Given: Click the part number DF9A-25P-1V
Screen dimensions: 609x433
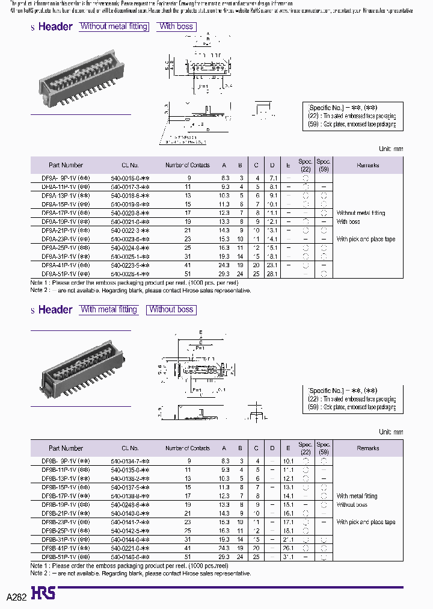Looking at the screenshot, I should (x=66, y=247).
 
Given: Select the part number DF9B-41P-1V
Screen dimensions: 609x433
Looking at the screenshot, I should (x=66, y=548).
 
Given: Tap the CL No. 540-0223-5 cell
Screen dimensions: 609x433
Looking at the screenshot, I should (x=130, y=265).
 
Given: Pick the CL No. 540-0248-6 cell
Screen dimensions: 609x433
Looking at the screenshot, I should (x=130, y=504).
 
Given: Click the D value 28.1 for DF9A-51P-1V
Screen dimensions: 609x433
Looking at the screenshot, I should (x=272, y=273).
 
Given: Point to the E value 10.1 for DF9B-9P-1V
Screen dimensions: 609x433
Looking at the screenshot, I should (x=289, y=461).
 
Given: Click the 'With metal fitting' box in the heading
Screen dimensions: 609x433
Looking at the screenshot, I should (x=109, y=309).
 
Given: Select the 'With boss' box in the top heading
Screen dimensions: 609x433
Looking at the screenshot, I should (x=176, y=26).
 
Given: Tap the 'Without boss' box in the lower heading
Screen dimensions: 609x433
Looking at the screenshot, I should (x=171, y=309).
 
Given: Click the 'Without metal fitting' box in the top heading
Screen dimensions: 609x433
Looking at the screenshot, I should (x=114, y=26).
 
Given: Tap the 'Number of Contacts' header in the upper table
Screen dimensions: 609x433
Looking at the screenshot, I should (x=188, y=165).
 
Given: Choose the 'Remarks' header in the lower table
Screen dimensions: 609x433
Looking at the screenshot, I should (x=367, y=448).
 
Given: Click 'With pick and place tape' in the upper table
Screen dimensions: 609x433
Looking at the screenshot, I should (x=366, y=239).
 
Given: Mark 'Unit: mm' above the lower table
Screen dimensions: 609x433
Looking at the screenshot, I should (x=391, y=432).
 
